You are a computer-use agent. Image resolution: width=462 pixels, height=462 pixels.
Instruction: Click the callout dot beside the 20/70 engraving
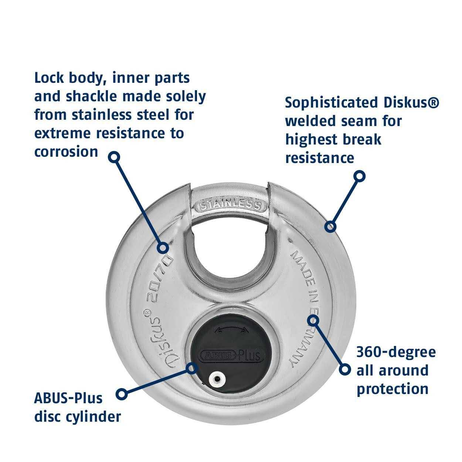pyautogui.click(x=163, y=247)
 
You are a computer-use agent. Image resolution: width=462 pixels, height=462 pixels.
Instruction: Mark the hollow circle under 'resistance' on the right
pyautogui.click(x=359, y=176)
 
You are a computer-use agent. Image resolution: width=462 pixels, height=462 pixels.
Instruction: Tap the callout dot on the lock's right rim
pyautogui.click(x=330, y=226)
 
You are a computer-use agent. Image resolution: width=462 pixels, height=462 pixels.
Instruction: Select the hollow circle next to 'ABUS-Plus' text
pyautogui.click(x=122, y=394)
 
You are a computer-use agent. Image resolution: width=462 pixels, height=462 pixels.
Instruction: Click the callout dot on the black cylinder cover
pyautogui.click(x=191, y=367)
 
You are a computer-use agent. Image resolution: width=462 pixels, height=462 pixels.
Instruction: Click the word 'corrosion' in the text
pyautogui.click(x=66, y=152)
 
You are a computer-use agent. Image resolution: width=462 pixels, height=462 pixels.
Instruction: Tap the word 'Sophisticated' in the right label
pyautogui.click(x=332, y=102)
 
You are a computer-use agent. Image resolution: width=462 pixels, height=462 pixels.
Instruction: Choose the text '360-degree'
pyautogui.click(x=396, y=351)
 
